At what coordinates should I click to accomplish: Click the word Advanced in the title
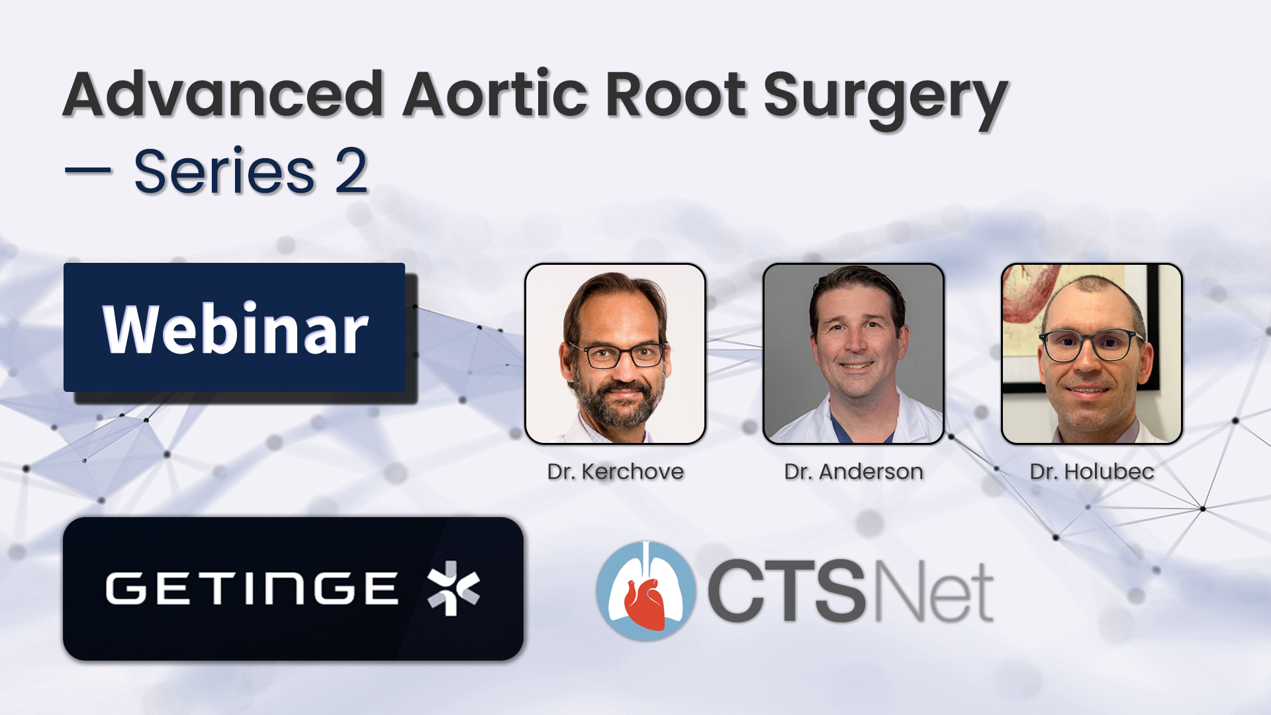pos(224,94)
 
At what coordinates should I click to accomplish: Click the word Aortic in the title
pos(496,94)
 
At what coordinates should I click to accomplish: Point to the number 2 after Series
pos(351,171)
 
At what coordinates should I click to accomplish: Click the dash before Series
pos(88,171)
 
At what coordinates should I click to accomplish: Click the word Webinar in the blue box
pos(236,329)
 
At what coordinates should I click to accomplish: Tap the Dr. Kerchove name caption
pos(615,471)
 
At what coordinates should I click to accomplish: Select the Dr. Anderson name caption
pos(853,471)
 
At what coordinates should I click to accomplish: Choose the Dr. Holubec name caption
pos(1092,471)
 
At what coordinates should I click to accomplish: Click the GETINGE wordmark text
pos(252,589)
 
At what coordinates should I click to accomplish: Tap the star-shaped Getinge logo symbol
pos(453,588)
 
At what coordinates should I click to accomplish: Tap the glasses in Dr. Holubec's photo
pos(1091,344)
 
